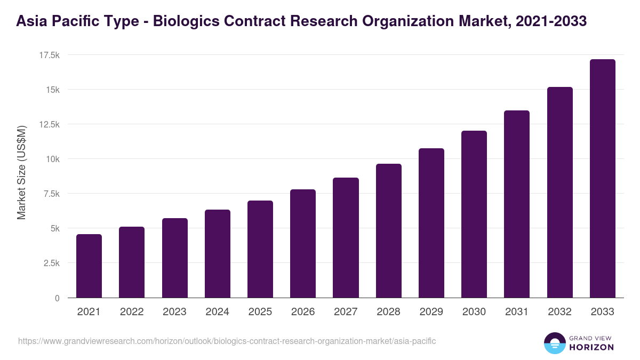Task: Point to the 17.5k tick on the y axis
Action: tap(49, 55)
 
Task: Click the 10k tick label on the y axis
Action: tap(52, 159)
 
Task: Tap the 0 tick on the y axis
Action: tap(57, 298)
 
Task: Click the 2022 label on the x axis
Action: tap(132, 312)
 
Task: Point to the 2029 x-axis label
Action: tap(431, 312)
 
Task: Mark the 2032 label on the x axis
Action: tap(559, 312)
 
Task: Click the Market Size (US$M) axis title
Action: tap(21, 172)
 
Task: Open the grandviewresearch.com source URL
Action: tap(227, 341)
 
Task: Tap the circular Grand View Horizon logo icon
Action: tap(555, 343)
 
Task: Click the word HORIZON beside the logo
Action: tap(591, 347)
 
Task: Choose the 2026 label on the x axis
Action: tap(303, 312)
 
